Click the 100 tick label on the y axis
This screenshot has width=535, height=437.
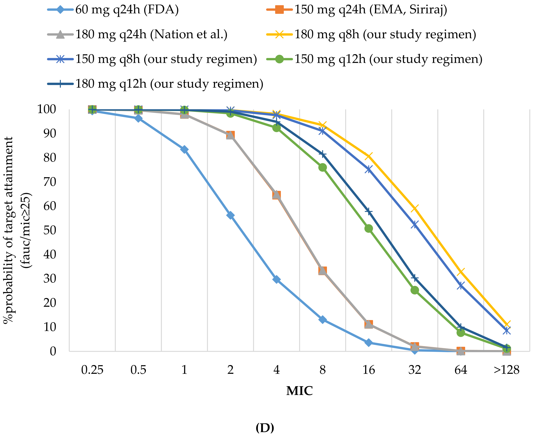coord(47,109)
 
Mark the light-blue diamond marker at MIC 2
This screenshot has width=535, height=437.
coord(230,215)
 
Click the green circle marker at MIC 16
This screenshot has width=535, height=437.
coord(369,229)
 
